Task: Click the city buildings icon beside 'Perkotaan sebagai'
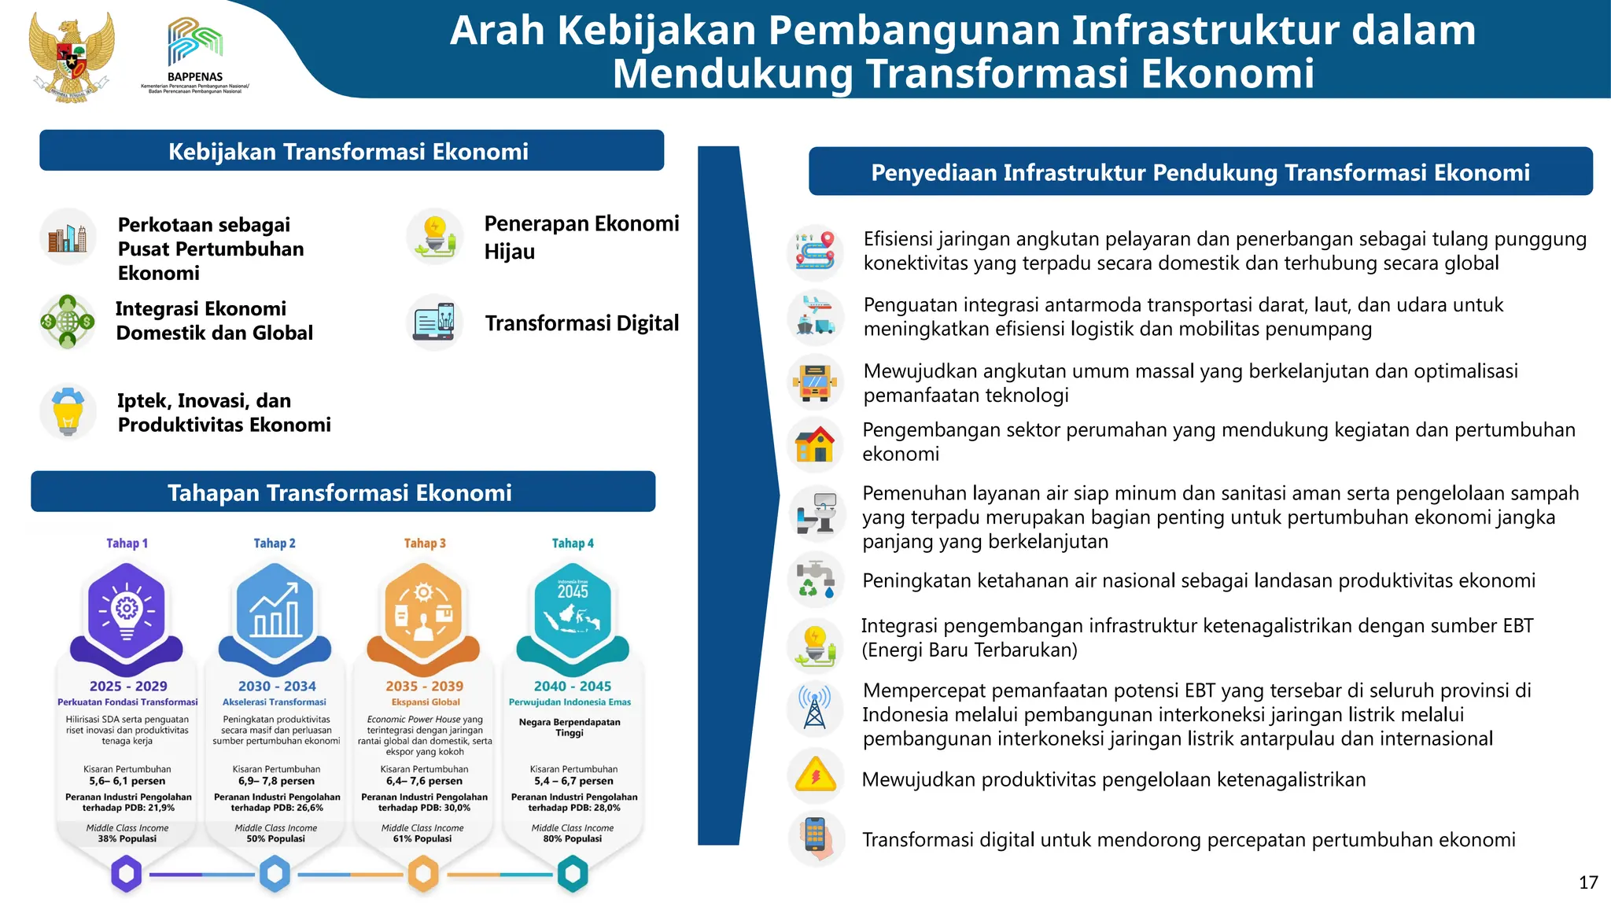click(x=68, y=237)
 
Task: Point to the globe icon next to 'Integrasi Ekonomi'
click(x=68, y=322)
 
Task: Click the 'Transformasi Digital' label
click(x=581, y=323)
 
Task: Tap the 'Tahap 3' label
click(x=425, y=543)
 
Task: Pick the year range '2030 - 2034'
click(x=277, y=686)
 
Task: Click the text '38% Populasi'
click(x=127, y=839)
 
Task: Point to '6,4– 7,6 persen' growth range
click(x=424, y=781)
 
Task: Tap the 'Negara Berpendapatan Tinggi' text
click(x=570, y=727)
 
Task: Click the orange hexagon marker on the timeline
click(x=423, y=874)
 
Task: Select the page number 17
click(x=1587, y=882)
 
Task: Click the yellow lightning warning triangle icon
click(x=816, y=776)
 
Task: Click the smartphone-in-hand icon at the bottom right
click(x=816, y=838)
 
